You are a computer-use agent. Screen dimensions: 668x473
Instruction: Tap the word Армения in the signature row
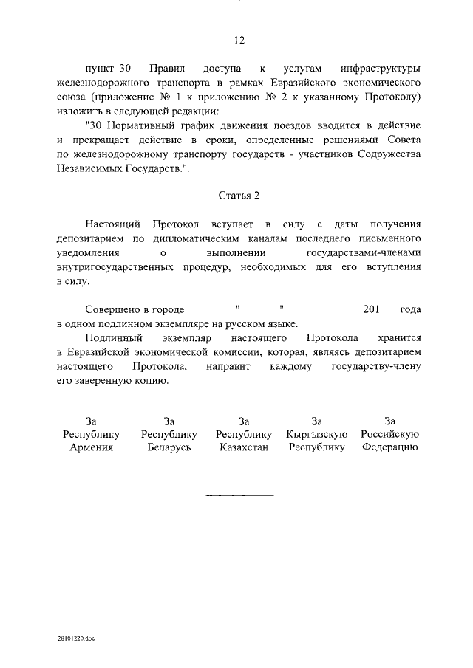tap(92, 447)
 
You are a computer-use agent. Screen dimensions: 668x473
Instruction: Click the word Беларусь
tap(169, 447)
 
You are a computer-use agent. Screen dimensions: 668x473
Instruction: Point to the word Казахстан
tap(243, 447)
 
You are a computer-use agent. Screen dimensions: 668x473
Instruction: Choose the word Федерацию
tap(391, 447)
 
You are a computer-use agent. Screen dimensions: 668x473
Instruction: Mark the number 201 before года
tap(372, 310)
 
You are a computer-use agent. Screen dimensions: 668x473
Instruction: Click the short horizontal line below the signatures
tap(239, 495)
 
